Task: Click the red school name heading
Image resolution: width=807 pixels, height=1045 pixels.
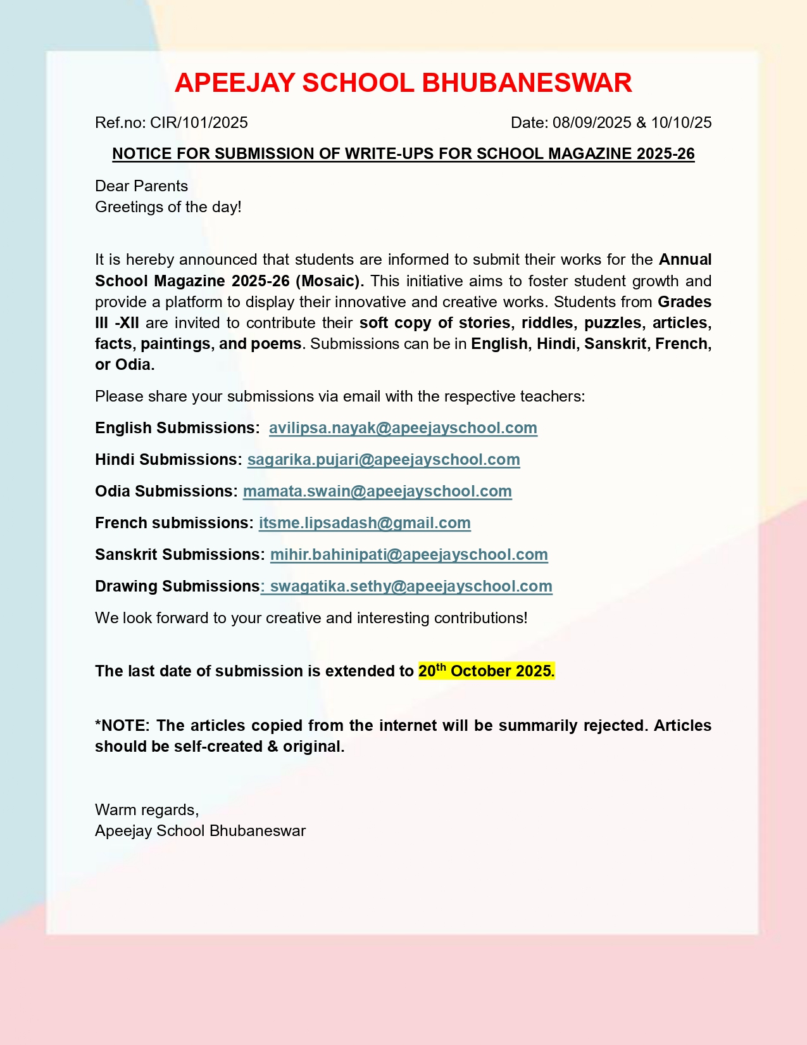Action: pos(403,83)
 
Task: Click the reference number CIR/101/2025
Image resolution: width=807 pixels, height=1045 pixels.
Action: pos(199,122)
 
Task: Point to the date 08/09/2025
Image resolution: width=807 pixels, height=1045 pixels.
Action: pos(592,122)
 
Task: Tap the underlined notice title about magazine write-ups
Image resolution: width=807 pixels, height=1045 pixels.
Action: pos(403,154)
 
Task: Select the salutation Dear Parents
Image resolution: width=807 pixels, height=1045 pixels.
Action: pos(141,186)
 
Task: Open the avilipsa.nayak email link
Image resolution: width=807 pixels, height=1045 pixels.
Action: pos(403,428)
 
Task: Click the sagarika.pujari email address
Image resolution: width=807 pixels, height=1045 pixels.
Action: pos(384,460)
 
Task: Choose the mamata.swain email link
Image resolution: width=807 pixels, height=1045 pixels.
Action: pos(377,491)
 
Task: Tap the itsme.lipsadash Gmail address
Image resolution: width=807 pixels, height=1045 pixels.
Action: pos(365,523)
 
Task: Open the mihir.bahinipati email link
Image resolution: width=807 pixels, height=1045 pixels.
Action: pos(409,555)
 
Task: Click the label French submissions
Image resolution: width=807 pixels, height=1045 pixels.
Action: pos(174,523)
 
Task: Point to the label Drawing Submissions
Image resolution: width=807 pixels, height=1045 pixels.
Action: pos(177,586)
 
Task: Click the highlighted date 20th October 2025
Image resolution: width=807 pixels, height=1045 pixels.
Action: pos(486,671)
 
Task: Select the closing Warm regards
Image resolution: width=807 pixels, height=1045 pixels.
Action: pos(147,810)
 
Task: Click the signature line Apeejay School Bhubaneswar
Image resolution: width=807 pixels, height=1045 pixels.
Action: pos(200,831)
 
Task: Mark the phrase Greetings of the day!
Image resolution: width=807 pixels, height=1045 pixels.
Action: pos(168,207)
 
